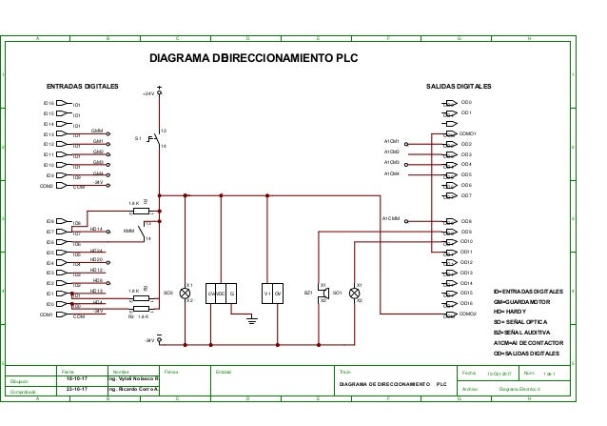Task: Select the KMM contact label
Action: (x=128, y=231)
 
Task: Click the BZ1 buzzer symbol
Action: (x=323, y=293)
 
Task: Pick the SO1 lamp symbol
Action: (x=355, y=293)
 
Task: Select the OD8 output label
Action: (x=466, y=221)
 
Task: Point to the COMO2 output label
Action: (x=468, y=314)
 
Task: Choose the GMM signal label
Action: (x=97, y=130)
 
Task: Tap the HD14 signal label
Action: (x=96, y=229)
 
